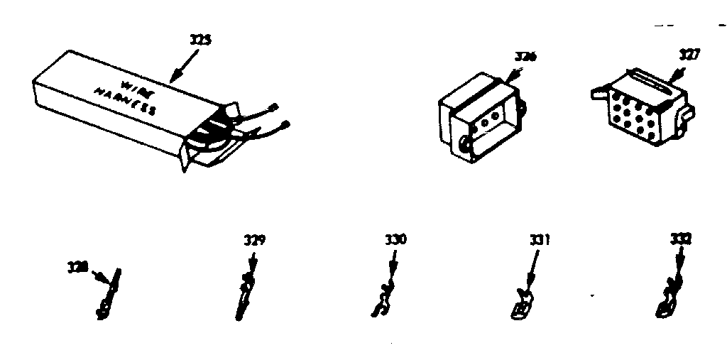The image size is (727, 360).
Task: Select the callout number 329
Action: [253, 241]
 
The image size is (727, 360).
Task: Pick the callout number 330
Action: [395, 240]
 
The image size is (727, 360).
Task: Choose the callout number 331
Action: [540, 241]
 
